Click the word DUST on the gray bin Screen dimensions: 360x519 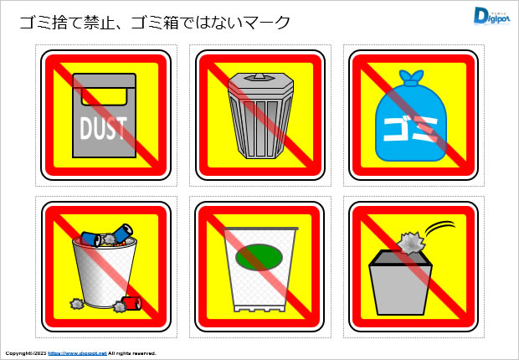point(103,128)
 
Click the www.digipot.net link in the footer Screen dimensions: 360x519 point(77,354)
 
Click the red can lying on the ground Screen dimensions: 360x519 point(131,301)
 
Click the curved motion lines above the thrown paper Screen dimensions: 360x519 point(440,227)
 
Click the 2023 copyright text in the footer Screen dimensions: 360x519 point(39,354)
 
